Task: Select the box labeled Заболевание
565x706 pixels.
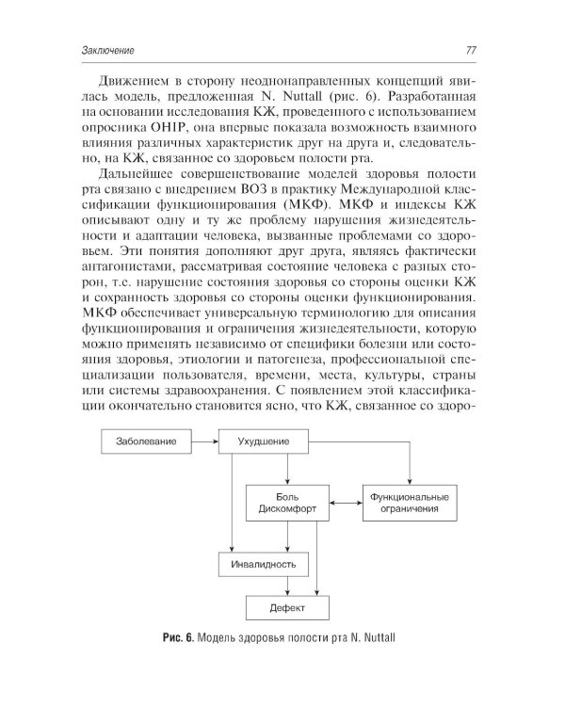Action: click(146, 441)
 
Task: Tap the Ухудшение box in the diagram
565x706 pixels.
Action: click(264, 441)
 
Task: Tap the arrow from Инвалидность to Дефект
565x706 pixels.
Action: click(264, 586)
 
